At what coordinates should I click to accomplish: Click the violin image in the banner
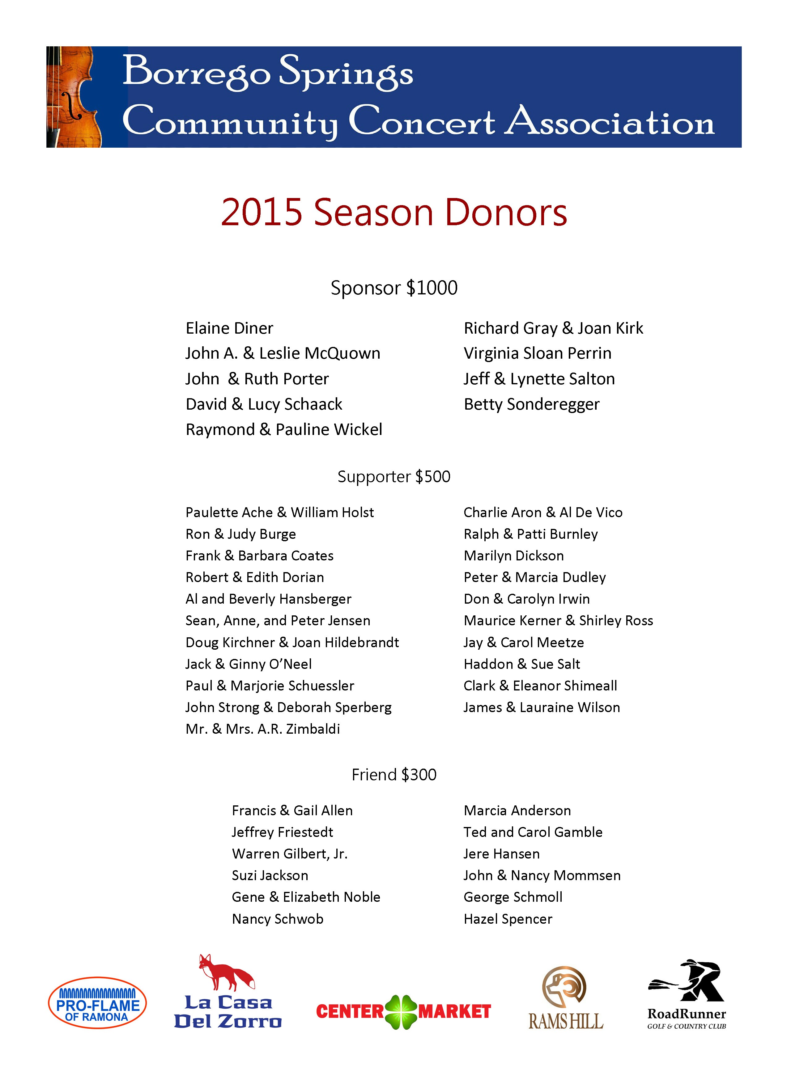point(74,97)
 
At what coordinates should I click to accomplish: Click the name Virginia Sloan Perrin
point(537,353)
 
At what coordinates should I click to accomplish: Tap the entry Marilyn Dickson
point(513,556)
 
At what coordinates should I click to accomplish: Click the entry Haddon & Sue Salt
point(522,664)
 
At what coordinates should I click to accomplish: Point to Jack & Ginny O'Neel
point(249,664)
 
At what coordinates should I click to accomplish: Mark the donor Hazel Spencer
point(508,919)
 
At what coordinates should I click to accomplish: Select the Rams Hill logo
point(565,998)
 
